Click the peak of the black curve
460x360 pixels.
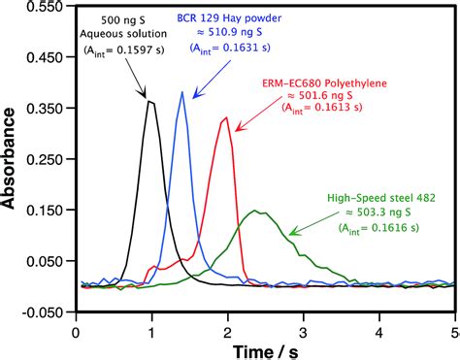149,100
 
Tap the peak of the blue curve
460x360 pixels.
181,92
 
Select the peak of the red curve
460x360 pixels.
226,118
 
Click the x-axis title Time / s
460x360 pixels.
264,346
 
